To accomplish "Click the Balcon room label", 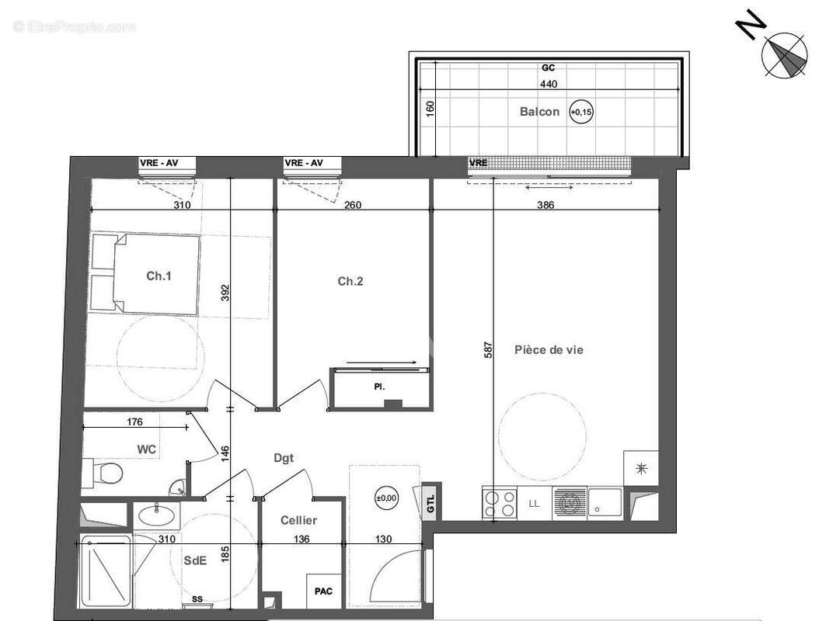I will [x=539, y=112].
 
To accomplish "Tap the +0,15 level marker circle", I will [x=581, y=113].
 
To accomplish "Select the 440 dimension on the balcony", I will [x=549, y=84].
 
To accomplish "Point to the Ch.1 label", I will [x=159, y=275].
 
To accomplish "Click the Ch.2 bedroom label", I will [x=350, y=282].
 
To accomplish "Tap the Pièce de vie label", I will [x=549, y=350].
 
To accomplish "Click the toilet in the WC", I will [x=106, y=471].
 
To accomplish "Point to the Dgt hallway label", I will [x=284, y=459].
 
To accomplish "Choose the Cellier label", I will [x=299, y=521].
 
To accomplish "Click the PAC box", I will [x=323, y=592].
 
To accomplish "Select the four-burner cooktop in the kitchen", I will [x=500, y=503].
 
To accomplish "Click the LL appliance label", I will [x=534, y=504].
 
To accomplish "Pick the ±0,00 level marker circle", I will [x=385, y=498].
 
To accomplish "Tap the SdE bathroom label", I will [x=195, y=561].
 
